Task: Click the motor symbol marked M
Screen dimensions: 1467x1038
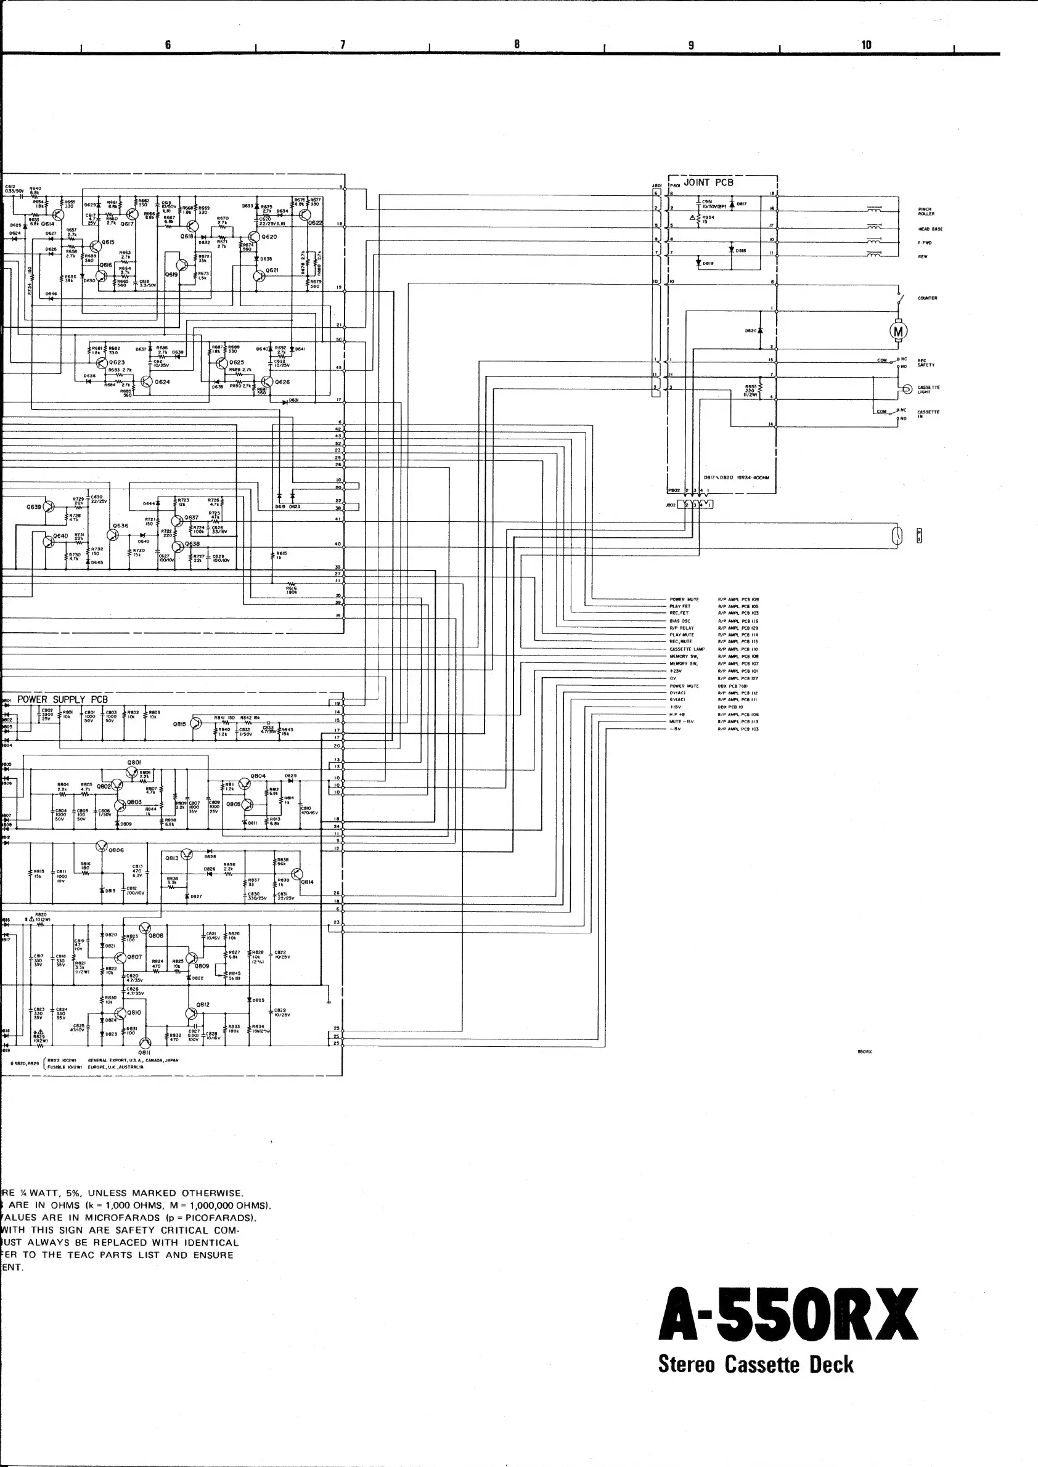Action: coord(898,331)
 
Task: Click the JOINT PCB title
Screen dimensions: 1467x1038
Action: coord(708,183)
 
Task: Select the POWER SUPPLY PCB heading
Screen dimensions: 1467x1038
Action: coord(63,700)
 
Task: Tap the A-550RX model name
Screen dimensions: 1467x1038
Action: coord(788,1314)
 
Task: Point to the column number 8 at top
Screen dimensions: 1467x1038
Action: coord(517,44)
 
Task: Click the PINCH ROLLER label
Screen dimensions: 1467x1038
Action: coord(926,211)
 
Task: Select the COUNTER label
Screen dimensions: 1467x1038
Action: coord(928,298)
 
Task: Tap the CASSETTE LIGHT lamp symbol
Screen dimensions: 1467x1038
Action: coord(906,389)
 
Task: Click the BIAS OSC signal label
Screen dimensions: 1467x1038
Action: coord(679,621)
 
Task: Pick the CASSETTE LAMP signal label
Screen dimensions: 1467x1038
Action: coord(687,649)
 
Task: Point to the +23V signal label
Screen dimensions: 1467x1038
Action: coord(676,671)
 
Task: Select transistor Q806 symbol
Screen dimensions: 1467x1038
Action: coord(102,847)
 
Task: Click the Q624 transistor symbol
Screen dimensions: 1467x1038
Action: coord(146,381)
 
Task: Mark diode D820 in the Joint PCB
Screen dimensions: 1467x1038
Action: coord(760,331)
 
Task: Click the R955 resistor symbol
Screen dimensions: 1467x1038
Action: coord(760,389)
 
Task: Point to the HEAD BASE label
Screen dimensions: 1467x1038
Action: coord(930,229)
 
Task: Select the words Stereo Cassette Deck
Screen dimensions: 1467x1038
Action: coord(756,1365)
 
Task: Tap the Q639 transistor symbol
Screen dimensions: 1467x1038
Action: coord(49,506)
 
